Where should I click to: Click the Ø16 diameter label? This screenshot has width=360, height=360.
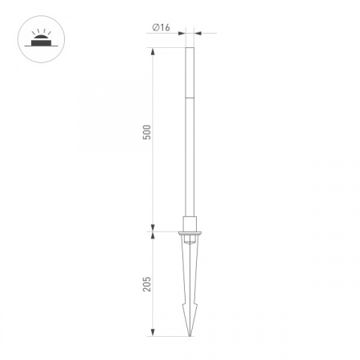tap(161, 27)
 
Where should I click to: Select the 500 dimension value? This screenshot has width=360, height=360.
tap(147, 132)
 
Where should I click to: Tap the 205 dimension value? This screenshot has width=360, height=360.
tap(147, 284)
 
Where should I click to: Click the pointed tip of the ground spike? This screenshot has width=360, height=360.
tap(190, 336)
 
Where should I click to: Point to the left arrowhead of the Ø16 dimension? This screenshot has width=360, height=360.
tap(182, 34)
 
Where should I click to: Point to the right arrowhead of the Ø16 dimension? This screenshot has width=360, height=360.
tap(198, 34)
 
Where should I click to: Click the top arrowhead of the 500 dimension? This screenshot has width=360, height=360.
tap(153, 51)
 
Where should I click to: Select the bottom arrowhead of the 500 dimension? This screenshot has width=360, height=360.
tap(153, 228)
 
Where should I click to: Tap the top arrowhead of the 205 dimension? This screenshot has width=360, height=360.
tap(153, 235)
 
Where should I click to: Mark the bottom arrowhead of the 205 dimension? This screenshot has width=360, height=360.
tap(153, 333)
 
